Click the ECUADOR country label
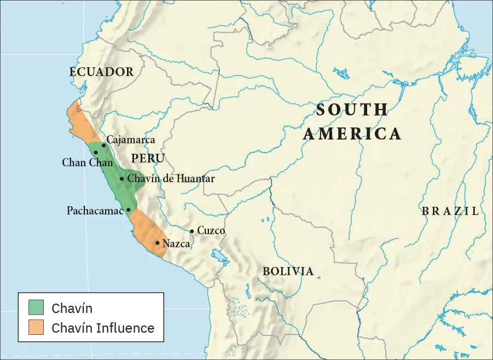101,72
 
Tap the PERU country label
148,159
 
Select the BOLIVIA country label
288,271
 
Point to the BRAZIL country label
450,211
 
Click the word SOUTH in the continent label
352,110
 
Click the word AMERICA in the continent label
352,134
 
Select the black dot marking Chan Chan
96,153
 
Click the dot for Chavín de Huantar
121,178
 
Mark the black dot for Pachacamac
129,210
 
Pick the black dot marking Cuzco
192,231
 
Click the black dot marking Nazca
158,243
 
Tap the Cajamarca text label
131,140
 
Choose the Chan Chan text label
87,162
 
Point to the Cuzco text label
211,231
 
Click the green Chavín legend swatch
36,307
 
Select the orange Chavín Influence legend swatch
36,328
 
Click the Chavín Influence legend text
103,328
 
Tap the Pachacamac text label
95,211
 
